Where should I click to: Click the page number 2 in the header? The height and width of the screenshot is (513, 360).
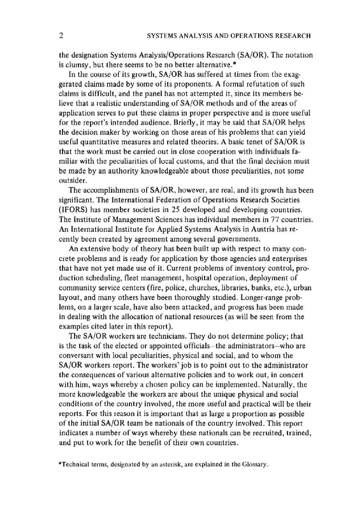(61, 36)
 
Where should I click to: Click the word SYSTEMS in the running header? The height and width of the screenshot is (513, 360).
(159, 36)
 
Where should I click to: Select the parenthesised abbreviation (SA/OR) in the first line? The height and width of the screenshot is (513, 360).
(252, 55)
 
